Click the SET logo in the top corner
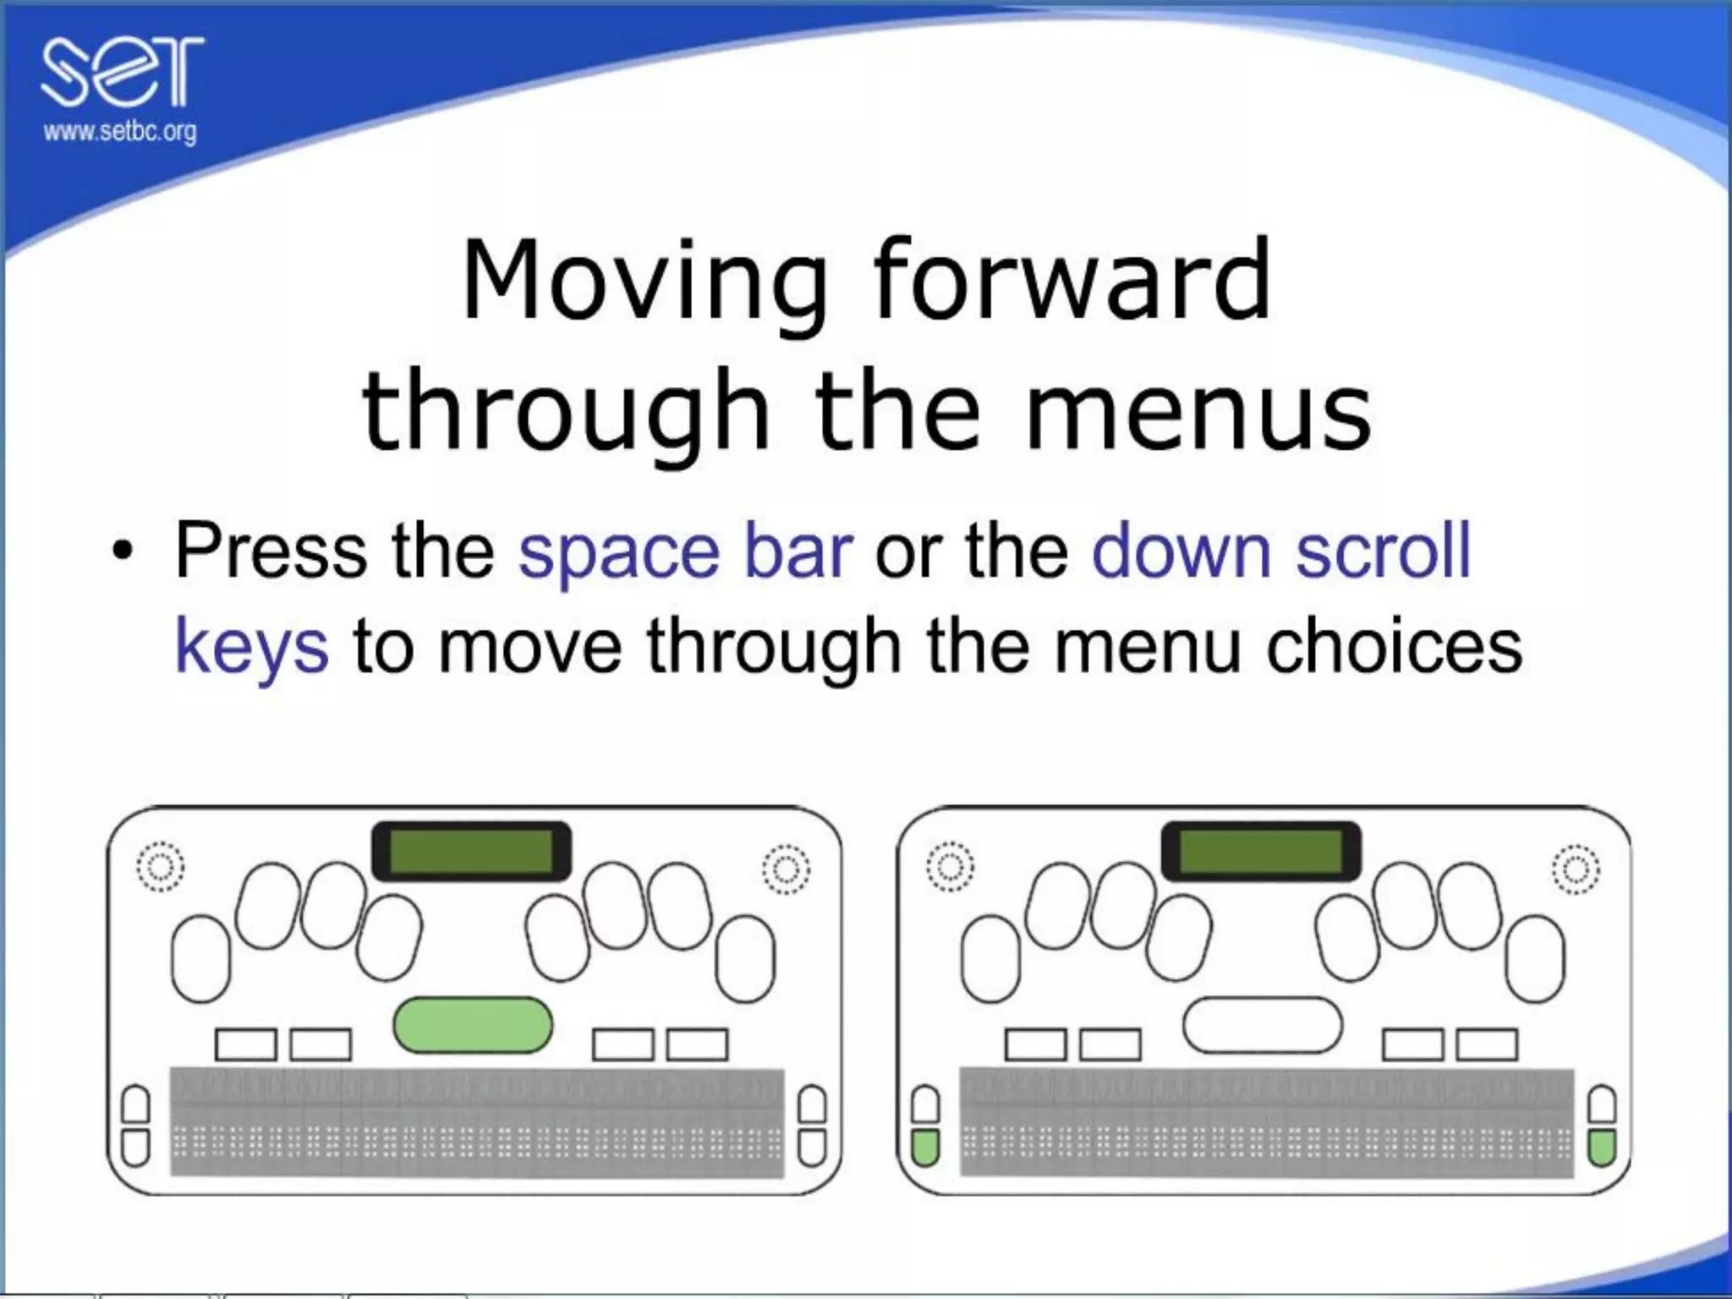click(x=123, y=72)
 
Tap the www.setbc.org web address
click(x=120, y=132)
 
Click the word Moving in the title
click(x=644, y=281)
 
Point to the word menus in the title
click(x=1198, y=412)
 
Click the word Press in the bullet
click(x=271, y=551)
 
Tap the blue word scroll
click(x=1384, y=551)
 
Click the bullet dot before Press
click(x=123, y=554)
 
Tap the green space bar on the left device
click(x=473, y=1025)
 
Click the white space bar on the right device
click(x=1262, y=1025)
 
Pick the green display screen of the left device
click(x=471, y=852)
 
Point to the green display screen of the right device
click(x=1261, y=851)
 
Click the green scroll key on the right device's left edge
click(x=926, y=1148)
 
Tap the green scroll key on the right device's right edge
click(x=1602, y=1148)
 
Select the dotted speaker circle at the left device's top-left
click(x=160, y=867)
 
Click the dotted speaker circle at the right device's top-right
click(x=1576, y=869)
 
